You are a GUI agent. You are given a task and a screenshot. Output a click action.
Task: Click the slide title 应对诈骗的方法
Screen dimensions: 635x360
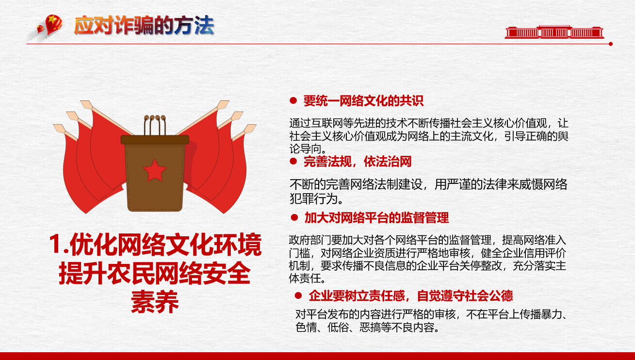(x=144, y=26)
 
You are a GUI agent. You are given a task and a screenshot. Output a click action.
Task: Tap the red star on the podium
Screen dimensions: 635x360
(x=155, y=170)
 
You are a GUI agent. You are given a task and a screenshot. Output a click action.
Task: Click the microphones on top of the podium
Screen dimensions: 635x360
(x=155, y=125)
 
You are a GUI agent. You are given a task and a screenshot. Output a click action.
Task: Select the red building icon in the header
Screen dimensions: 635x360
(x=554, y=32)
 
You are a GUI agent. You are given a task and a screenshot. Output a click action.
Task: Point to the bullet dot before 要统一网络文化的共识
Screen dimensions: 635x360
(x=293, y=100)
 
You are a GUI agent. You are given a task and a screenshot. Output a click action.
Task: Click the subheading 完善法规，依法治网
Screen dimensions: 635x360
(x=358, y=162)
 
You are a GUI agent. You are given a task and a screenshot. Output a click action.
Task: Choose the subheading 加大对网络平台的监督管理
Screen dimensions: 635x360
(x=377, y=218)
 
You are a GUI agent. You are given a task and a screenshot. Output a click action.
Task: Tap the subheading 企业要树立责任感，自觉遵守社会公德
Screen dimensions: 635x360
(x=411, y=295)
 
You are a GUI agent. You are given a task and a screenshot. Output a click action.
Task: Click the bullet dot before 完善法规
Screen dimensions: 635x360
(x=293, y=161)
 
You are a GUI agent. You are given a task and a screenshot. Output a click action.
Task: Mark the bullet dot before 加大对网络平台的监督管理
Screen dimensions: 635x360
(x=294, y=217)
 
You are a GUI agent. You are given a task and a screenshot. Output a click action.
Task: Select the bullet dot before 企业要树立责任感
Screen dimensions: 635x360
(x=298, y=295)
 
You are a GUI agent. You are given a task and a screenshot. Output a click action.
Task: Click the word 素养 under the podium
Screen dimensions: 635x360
(x=155, y=302)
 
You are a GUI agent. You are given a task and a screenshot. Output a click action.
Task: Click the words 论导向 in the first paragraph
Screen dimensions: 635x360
(x=305, y=149)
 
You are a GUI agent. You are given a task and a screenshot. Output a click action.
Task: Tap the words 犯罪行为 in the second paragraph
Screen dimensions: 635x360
(x=313, y=199)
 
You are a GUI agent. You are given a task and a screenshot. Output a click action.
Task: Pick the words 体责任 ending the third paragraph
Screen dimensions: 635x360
(x=305, y=278)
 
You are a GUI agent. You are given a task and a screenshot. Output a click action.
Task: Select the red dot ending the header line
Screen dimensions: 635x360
(x=611, y=44)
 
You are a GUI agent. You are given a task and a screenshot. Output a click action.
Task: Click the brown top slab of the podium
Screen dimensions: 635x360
(x=155, y=140)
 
